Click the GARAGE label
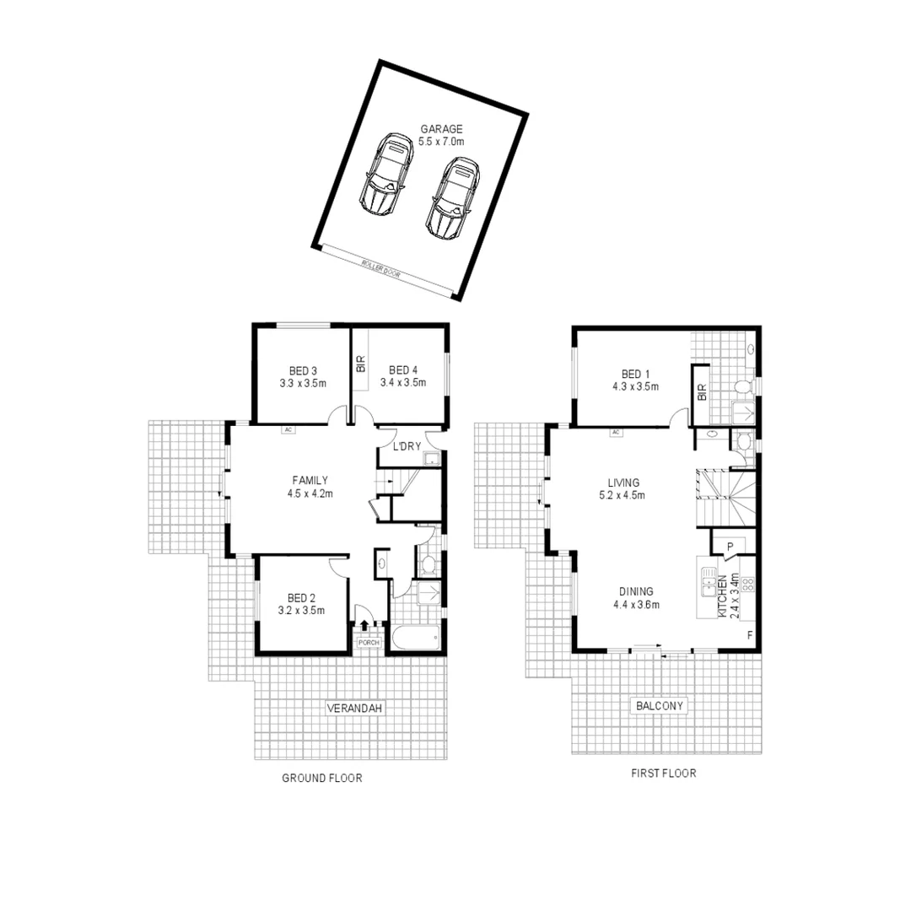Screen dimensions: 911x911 click(442, 129)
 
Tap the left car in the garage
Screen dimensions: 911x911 click(384, 175)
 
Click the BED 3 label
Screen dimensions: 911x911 click(303, 370)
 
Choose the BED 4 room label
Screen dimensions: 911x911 click(403, 370)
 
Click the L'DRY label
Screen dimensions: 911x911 click(396, 446)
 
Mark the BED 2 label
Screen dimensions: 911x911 click(301, 598)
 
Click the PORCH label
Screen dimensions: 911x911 click(369, 643)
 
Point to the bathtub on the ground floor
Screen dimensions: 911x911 click(414, 638)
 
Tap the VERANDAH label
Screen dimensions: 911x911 click(355, 709)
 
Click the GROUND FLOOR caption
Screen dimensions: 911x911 click(321, 779)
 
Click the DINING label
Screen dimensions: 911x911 click(636, 591)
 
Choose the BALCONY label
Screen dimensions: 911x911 click(659, 705)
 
